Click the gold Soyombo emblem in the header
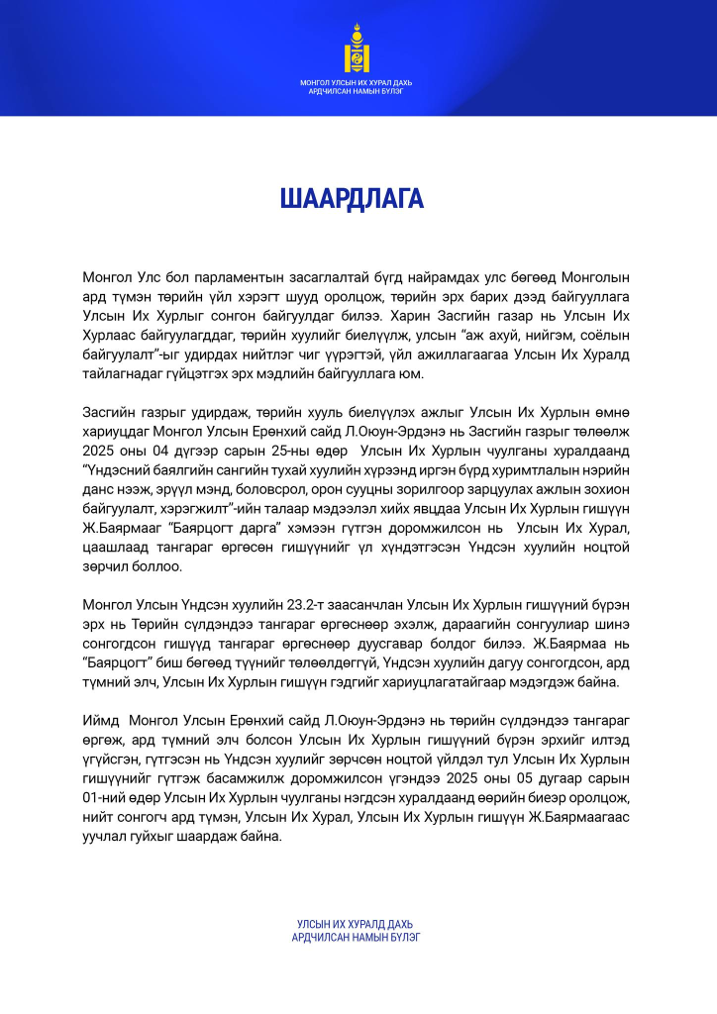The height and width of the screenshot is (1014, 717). tap(358, 48)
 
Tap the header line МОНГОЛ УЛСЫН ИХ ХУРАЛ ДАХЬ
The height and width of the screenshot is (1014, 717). tap(358, 81)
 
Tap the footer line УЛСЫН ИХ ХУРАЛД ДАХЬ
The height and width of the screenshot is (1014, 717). tap(358, 924)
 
